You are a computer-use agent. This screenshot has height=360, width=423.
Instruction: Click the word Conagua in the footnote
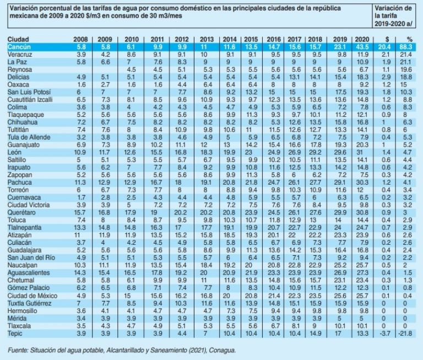224,349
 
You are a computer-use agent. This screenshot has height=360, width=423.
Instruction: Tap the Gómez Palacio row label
25,287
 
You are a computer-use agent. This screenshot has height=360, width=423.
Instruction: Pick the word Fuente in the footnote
19,349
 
